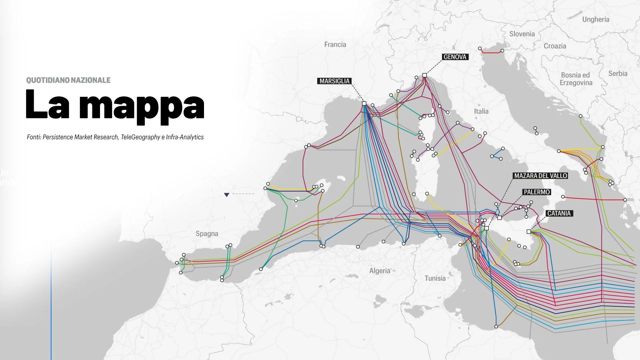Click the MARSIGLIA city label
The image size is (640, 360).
click(x=334, y=81)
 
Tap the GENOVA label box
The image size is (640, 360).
click(x=455, y=57)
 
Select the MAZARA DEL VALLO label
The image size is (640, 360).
click(x=540, y=176)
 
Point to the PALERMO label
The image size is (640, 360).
click(x=537, y=192)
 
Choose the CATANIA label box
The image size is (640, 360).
click(x=559, y=214)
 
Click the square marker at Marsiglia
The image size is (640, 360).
click(x=364, y=103)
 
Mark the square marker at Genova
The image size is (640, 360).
click(x=424, y=75)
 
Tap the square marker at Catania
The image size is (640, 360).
click(x=529, y=232)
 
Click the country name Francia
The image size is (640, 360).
click(x=335, y=44)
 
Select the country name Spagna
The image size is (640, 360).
click(x=207, y=234)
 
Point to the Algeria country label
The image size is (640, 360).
click(x=380, y=271)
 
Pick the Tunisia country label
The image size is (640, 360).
click(x=435, y=278)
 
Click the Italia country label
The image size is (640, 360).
click(x=481, y=111)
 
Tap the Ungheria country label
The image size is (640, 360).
click(x=596, y=19)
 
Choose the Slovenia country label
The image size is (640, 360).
click(x=522, y=34)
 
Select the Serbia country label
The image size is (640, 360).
click(x=618, y=74)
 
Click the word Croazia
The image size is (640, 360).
click(x=555, y=46)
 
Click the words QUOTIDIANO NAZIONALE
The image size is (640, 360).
click(x=68, y=80)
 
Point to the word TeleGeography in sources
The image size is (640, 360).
click(x=140, y=137)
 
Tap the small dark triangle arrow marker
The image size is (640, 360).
click(x=226, y=195)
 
